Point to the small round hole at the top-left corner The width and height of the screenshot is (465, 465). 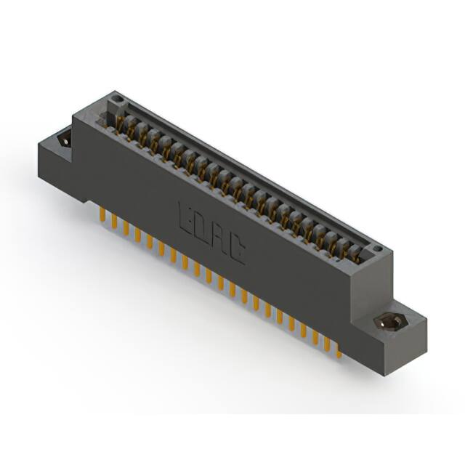click(114, 97)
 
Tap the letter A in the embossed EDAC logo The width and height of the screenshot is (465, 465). click(220, 238)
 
